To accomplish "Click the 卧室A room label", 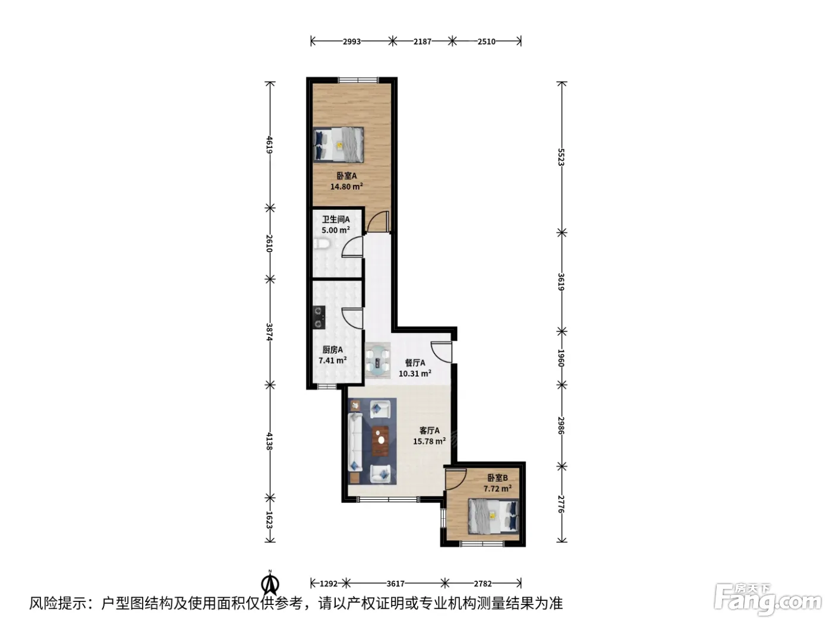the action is pos(346,176).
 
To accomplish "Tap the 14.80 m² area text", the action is pos(346,187).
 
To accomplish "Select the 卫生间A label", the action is pos(336,219).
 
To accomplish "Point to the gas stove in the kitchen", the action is pos(319,317).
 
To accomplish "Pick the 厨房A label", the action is pos(332,349).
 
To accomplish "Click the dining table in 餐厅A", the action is pos(377,360).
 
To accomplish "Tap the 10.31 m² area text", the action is pos(415,374).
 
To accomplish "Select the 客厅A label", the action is pos(429,430).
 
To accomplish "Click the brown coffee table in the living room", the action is pos(380,441).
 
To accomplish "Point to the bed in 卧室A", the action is pos(339,145).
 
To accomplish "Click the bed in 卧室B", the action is pos(493,516).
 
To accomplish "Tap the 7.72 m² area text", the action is pos(497,489).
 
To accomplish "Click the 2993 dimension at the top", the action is pos(352,42).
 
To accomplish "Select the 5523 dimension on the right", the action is pos(562,157).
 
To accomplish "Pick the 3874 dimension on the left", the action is pos(269,332).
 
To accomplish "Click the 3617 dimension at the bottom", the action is pos(395,584).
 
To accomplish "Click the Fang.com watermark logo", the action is pos(768,601).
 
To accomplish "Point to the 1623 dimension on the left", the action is pos(269,520).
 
